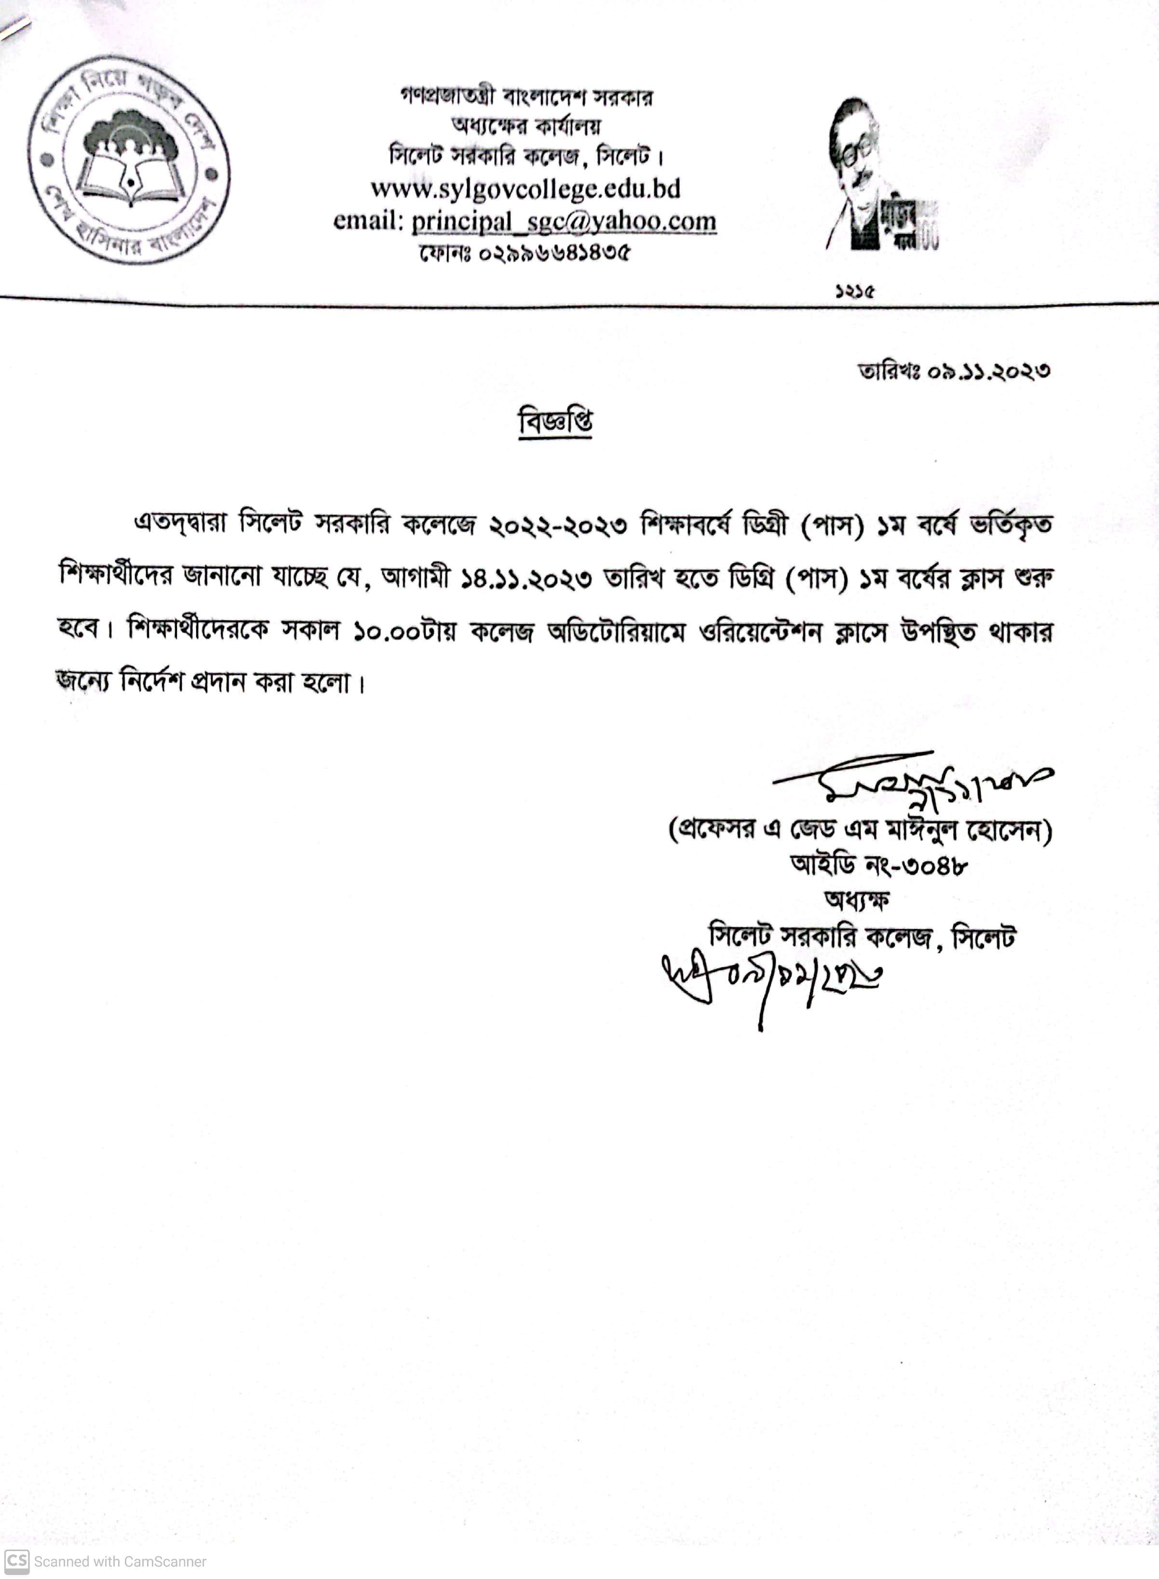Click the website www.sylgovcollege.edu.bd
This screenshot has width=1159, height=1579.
(x=526, y=189)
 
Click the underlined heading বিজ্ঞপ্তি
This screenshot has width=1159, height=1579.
(x=555, y=422)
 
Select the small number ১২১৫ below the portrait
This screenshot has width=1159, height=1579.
(x=854, y=290)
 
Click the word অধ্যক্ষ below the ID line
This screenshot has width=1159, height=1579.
(x=857, y=899)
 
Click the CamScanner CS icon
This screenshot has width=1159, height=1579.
(x=17, y=1561)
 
